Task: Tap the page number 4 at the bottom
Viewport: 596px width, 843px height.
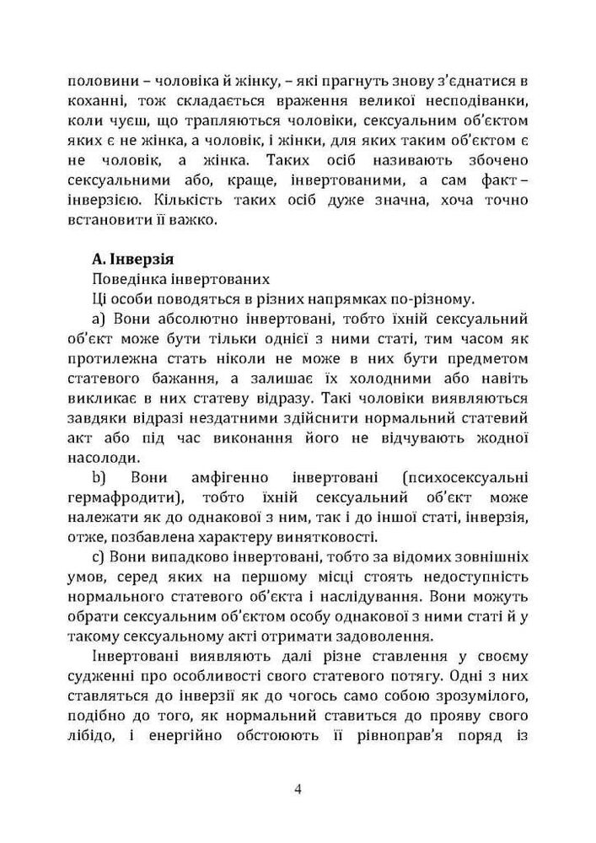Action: pyautogui.click(x=298, y=789)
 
